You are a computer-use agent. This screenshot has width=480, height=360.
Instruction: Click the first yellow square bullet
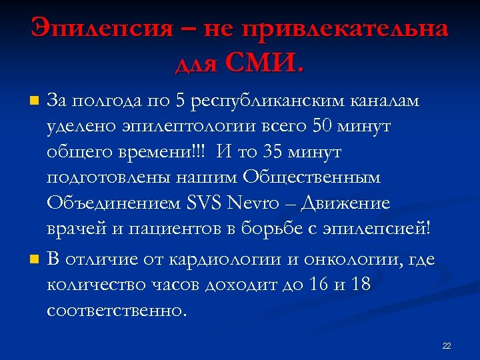point(35,101)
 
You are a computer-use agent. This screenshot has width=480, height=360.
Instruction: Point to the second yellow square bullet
point(35,259)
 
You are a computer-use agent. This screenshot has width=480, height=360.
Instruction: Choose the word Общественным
point(311,177)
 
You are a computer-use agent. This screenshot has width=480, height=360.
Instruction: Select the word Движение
point(347,203)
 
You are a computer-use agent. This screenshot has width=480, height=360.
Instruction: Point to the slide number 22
point(447,345)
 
